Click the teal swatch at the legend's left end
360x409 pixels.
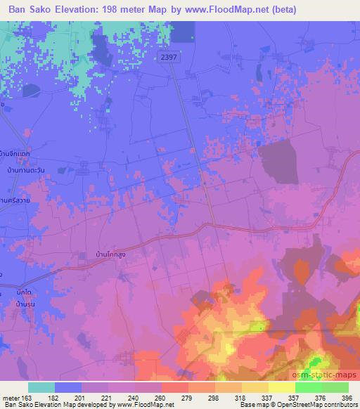pos(41,387)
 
